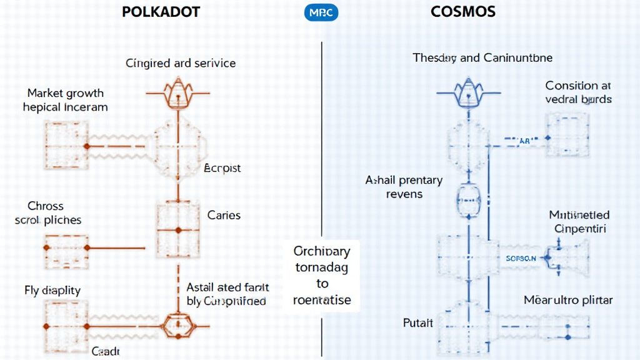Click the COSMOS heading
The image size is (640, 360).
pos(463,12)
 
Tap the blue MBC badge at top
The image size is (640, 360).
pos(321,12)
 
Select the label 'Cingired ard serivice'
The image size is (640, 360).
pos(181,63)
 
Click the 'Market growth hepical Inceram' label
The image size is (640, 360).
pos(65,100)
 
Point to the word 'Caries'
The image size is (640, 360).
pos(224,215)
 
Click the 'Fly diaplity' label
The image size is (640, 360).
pos(52,291)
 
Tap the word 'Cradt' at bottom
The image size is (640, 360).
pos(106,351)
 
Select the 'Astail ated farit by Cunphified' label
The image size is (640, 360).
pos(227,294)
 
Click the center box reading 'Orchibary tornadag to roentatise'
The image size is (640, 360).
pos(322,275)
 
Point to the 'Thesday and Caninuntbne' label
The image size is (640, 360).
pos(482,58)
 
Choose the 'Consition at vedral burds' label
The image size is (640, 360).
pos(578,92)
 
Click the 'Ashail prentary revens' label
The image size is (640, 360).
pos(404,187)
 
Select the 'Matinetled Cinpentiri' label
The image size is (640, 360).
pos(579,221)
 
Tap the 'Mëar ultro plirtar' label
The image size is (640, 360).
pos(568,301)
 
